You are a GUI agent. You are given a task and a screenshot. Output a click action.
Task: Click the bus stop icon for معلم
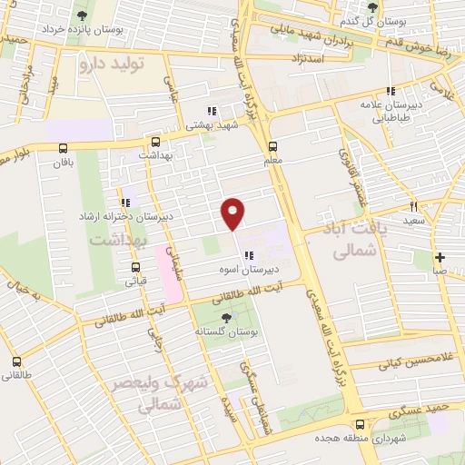click(273, 147)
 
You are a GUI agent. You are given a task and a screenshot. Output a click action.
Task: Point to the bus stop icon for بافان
click(63, 148)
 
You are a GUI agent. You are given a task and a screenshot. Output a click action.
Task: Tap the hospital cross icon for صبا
click(440, 257)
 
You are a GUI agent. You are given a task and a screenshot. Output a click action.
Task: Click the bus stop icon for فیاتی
click(136, 267)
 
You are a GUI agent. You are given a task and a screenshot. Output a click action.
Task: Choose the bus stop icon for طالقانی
click(16, 361)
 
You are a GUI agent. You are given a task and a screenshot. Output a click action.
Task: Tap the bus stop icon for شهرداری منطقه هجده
click(361, 424)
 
